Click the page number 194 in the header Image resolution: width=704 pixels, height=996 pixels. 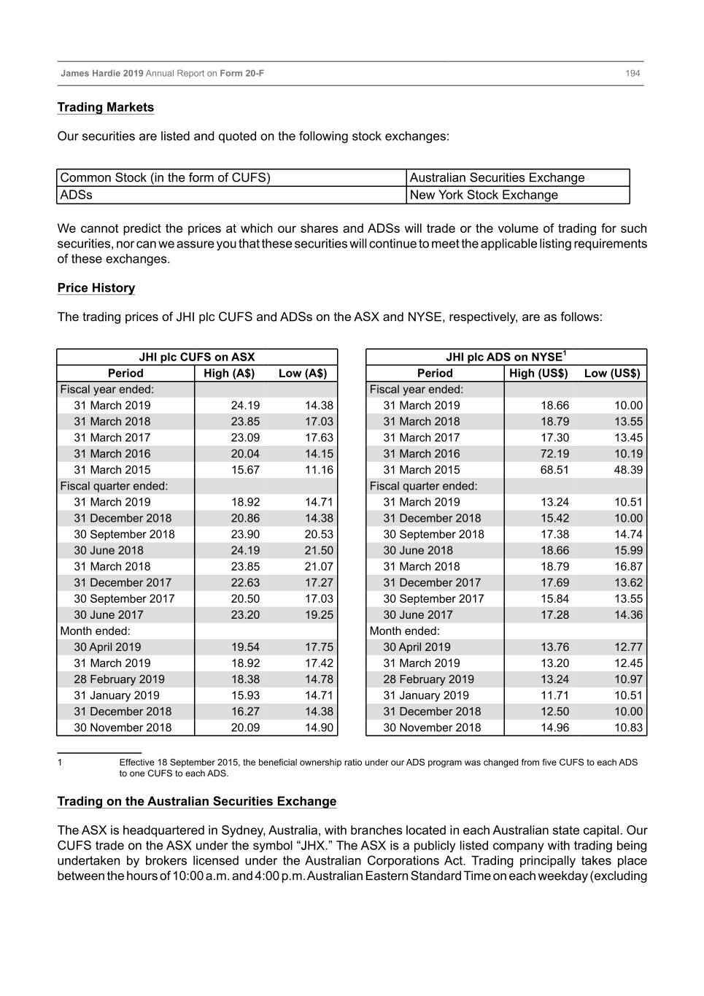click(x=633, y=73)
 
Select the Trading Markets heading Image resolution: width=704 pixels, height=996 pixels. click(x=106, y=107)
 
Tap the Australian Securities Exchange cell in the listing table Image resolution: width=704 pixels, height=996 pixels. click(x=497, y=177)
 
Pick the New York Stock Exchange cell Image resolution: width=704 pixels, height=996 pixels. click(x=484, y=195)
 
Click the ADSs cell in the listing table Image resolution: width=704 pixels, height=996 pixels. click(x=77, y=195)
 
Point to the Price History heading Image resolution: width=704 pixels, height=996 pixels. click(x=96, y=287)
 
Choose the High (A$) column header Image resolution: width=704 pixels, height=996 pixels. click(x=229, y=373)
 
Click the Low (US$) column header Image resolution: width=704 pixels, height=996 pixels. click(x=611, y=373)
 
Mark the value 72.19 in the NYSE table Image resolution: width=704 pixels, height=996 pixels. click(x=554, y=453)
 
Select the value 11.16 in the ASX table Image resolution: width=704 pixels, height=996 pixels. click(x=319, y=470)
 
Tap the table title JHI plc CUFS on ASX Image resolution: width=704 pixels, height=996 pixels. click(x=197, y=357)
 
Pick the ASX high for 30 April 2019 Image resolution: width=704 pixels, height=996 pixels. click(x=245, y=646)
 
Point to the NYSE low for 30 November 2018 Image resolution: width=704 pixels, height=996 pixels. click(x=628, y=727)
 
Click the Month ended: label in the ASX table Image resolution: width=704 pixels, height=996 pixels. click(x=96, y=630)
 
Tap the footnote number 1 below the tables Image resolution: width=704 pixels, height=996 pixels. click(x=61, y=763)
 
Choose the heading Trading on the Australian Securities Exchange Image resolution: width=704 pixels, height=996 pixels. click(x=197, y=801)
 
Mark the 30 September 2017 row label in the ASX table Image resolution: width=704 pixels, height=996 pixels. click(x=124, y=598)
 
